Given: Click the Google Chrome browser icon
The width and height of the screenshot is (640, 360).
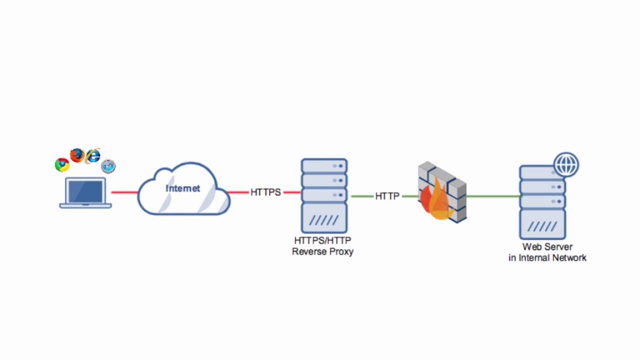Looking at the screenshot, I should tap(62, 164).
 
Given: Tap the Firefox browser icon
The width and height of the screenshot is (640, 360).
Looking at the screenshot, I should tap(76, 155).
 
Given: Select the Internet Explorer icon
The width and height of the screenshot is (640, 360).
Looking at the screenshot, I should tap(93, 156).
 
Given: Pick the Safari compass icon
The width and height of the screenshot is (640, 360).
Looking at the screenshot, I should tap(108, 166).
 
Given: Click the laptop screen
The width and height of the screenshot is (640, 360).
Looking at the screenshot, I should tap(85, 191).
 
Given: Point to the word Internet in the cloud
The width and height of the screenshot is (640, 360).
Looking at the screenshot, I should tap(183, 188).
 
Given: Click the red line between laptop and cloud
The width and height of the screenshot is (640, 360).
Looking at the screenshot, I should tap(124, 192).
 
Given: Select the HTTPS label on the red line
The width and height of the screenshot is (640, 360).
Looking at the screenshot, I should tap(265, 192).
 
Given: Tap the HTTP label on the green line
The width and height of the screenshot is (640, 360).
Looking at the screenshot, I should tap(387, 196).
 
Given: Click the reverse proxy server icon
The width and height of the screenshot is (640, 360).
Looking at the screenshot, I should tap(324, 195).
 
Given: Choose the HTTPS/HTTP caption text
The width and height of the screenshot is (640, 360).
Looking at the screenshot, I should tap(322, 240).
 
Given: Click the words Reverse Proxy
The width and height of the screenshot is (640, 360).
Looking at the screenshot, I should tap(322, 251).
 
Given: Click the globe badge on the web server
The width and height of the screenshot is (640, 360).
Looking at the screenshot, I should tap(566, 165).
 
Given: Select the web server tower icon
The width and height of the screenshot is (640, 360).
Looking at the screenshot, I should tap(542, 202).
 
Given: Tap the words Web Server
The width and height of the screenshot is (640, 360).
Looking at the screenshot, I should tap(547, 247).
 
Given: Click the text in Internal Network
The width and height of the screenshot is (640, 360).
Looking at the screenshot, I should tap(547, 258).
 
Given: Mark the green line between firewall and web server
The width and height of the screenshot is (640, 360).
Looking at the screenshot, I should tap(492, 196).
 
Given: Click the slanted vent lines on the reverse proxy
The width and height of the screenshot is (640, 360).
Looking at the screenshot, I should tap(324, 220).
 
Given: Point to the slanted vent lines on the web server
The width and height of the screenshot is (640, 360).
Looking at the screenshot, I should tap(542, 226).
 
